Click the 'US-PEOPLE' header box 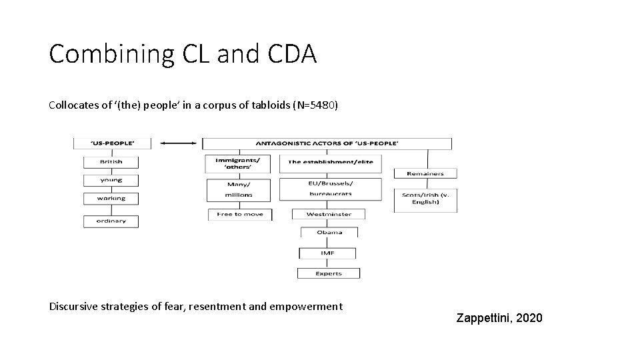112,143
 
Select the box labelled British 111,162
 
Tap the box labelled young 111,180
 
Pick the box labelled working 111,198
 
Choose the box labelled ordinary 111,221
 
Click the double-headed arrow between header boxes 177,143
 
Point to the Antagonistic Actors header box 327,143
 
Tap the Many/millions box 239,189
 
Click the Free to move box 240,215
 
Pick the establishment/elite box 329,161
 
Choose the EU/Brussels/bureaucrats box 331,189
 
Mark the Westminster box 330,215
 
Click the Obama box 329,233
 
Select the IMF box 327,253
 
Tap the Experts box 328,273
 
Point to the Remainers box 425,173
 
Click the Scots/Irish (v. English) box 425,199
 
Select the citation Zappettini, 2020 499,318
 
